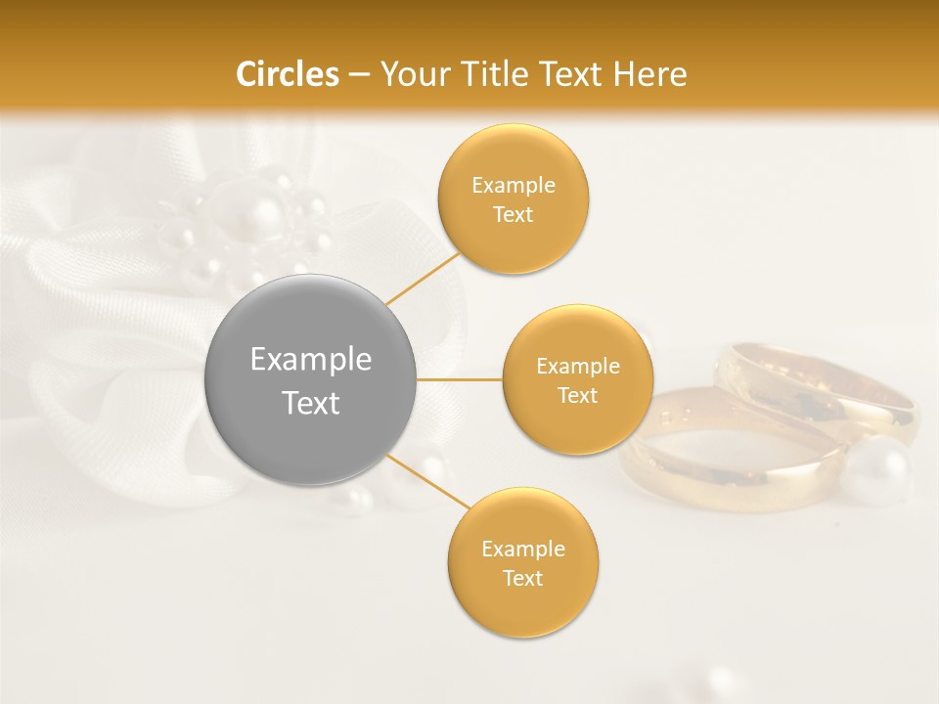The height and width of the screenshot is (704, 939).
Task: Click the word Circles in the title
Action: pos(287,74)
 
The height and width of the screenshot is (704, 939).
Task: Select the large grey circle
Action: pos(311,380)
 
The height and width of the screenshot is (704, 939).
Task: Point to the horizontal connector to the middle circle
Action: pos(460,379)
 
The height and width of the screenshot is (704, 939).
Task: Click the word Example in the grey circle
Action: pos(311,360)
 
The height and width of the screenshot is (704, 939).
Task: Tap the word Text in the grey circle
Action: pos(311,403)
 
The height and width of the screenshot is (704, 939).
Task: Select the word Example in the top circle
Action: pos(513,186)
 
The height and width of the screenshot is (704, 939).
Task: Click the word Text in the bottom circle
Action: pos(522,578)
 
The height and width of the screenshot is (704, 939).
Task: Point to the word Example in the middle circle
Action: pos(577,367)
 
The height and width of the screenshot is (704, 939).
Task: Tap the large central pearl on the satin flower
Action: pos(258,220)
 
